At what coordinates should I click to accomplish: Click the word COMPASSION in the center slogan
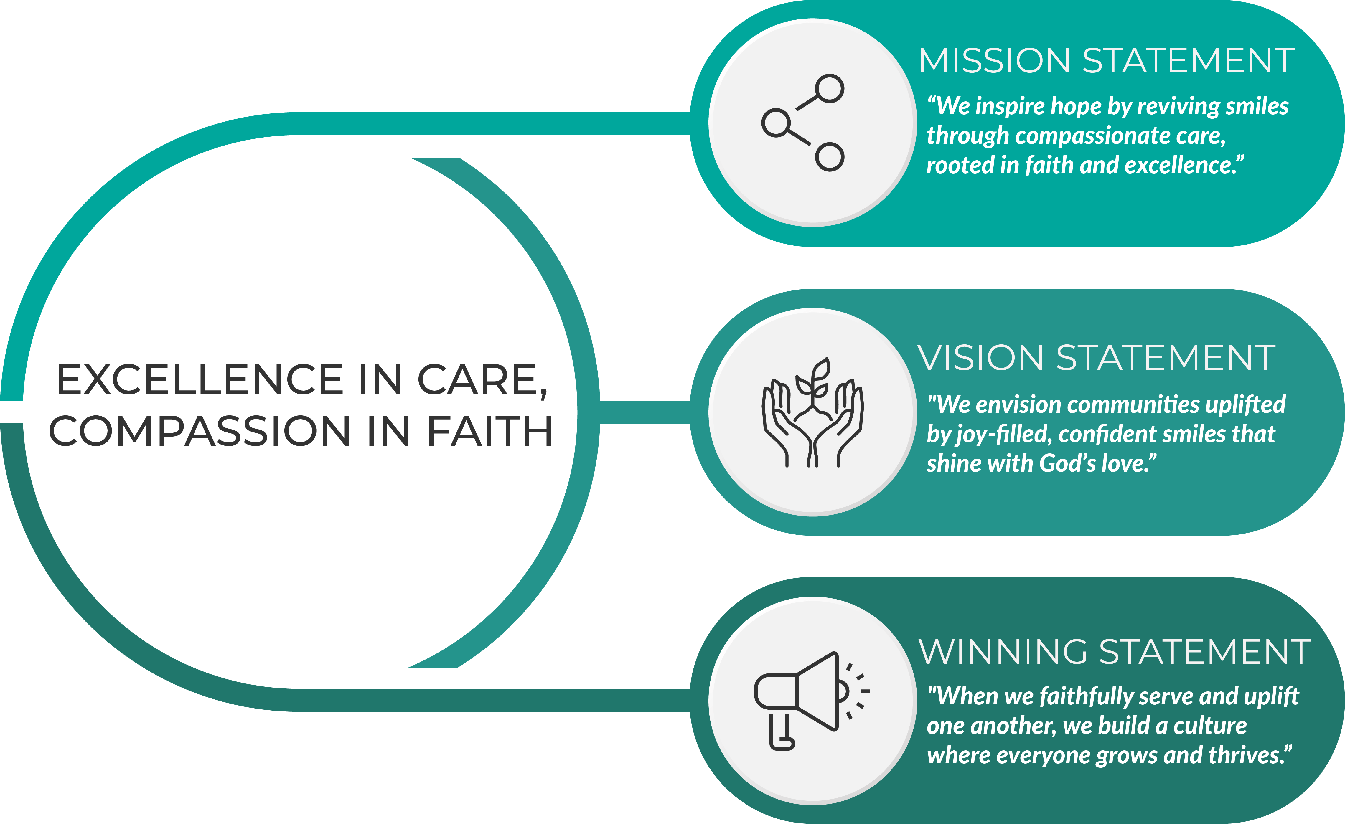pyautogui.click(x=199, y=431)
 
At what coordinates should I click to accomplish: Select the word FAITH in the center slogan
pyautogui.click(x=489, y=431)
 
